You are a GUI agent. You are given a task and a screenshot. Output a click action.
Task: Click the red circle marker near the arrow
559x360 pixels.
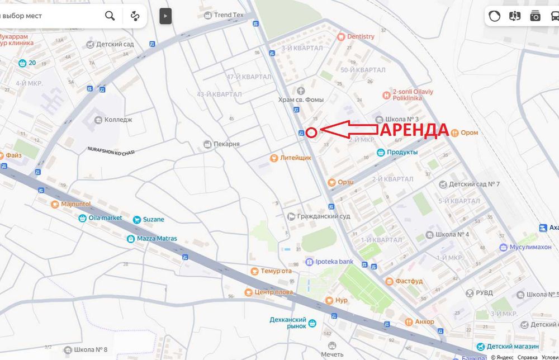312,132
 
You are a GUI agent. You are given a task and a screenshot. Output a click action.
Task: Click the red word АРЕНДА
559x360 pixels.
415,130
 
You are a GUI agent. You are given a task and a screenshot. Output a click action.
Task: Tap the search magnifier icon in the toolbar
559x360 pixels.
110,16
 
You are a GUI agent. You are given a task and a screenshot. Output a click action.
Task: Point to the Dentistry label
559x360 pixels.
361,36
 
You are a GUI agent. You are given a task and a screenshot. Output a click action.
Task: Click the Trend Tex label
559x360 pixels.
229,15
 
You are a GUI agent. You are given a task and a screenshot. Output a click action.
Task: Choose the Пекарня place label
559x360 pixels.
226,144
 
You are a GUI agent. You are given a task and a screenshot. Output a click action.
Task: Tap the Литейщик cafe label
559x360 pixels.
296,158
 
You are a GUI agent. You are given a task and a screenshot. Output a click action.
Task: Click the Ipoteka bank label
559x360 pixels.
334,262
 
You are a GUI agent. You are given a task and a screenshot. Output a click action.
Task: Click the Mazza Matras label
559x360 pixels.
157,239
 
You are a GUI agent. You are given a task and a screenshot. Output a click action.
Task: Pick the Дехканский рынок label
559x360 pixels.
288,323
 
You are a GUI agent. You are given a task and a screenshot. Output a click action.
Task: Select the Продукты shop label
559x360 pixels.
402,152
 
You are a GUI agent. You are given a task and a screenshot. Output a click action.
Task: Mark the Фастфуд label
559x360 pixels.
409,281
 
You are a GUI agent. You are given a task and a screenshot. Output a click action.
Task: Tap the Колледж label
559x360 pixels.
119,120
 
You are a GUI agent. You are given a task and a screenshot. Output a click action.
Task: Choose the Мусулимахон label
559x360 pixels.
530,247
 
